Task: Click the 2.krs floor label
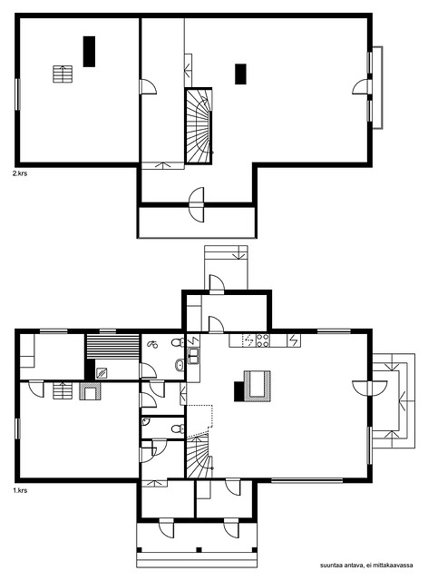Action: point(20,173)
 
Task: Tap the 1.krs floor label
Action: point(20,490)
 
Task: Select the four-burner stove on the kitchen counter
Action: point(262,340)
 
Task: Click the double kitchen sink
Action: point(193,356)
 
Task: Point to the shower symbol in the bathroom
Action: point(152,345)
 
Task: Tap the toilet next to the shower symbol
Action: point(178,342)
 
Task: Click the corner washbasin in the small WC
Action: point(145,421)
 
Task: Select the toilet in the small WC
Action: point(178,429)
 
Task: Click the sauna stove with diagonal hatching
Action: point(102,373)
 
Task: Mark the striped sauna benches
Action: point(112,347)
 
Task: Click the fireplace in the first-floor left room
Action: point(90,391)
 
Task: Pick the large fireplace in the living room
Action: point(257,387)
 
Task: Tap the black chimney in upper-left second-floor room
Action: point(89,52)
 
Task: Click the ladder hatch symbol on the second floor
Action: point(63,74)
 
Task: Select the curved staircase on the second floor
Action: point(198,126)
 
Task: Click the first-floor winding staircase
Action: point(199,457)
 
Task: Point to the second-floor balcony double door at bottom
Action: point(197,204)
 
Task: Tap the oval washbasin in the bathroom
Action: point(180,365)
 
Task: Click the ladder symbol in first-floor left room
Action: point(63,391)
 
